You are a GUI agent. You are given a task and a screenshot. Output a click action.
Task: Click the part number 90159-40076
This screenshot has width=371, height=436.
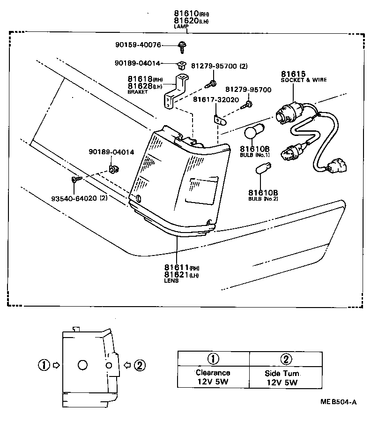(138, 45)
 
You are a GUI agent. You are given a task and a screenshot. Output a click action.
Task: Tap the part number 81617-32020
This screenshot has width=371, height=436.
(216, 100)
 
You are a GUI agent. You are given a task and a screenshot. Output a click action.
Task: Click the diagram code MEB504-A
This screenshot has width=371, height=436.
(338, 402)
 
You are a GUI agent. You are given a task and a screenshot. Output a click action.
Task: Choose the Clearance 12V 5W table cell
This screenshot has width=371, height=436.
(213, 377)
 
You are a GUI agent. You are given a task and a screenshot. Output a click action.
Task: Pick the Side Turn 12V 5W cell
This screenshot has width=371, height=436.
(284, 377)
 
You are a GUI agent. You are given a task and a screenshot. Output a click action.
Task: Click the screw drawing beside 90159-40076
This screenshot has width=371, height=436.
(181, 45)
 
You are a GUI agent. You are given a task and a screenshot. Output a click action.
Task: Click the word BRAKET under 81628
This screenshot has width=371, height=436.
(137, 92)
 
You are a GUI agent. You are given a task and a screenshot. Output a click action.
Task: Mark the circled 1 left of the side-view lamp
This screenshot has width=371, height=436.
(44, 365)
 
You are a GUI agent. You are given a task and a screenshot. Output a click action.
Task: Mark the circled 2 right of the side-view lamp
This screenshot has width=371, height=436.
(139, 365)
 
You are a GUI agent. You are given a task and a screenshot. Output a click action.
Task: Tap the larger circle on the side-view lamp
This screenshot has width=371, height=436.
(82, 365)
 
